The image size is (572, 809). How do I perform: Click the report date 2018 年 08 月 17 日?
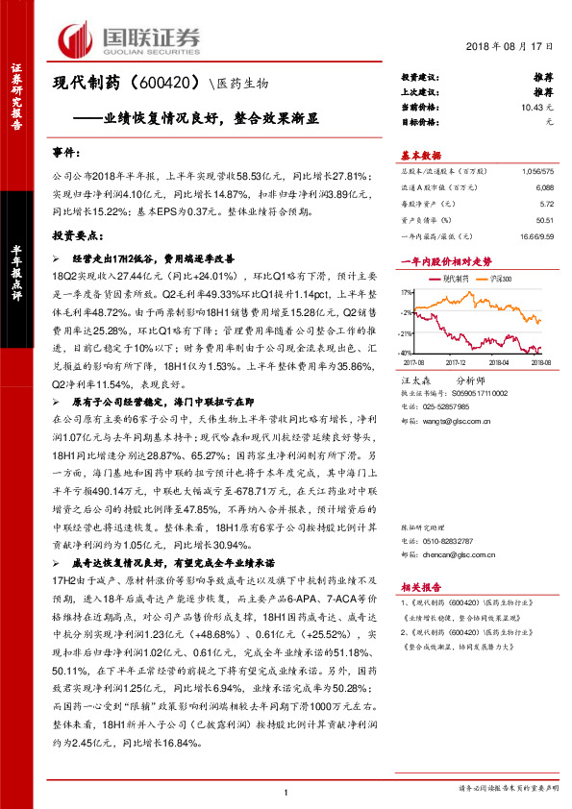click(515, 45)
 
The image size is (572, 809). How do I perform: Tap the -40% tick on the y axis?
click(409, 352)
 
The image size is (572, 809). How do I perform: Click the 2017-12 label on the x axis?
click(456, 363)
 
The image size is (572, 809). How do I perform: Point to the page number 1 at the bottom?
click(286, 791)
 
